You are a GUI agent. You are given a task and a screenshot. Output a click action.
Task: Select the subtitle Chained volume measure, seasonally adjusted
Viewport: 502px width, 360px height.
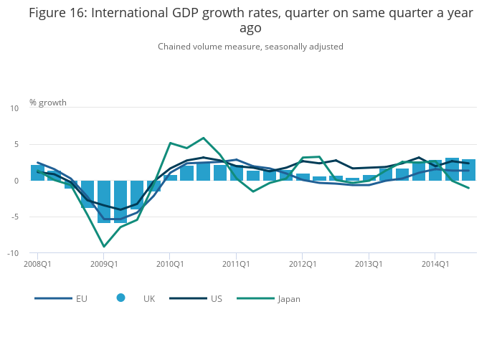(250, 47)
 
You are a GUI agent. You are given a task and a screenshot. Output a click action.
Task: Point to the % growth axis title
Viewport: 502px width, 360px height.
(48, 103)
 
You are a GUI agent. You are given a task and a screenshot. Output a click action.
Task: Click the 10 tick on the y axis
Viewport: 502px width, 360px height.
(14, 108)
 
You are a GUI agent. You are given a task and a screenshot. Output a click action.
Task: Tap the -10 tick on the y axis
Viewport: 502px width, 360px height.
(13, 253)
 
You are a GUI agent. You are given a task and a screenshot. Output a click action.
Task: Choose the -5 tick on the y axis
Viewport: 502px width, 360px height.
(14, 217)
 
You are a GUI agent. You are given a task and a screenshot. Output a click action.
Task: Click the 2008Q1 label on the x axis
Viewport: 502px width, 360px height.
(37, 264)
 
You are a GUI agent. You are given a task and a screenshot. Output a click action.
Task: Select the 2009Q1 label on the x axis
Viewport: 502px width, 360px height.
(104, 264)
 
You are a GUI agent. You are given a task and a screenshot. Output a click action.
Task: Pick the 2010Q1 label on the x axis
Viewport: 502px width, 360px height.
(170, 264)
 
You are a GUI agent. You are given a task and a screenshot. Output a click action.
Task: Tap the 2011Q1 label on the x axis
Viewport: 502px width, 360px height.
(236, 264)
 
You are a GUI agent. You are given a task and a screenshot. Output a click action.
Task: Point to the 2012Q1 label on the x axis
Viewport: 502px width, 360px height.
(303, 264)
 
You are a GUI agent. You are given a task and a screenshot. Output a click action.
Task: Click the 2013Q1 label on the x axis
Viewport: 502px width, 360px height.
(369, 264)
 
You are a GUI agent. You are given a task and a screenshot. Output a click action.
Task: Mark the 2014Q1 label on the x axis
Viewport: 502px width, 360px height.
(435, 264)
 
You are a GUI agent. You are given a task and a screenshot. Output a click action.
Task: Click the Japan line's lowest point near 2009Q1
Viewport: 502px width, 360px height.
(104, 247)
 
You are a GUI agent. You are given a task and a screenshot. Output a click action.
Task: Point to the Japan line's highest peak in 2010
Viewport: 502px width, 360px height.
(204, 138)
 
